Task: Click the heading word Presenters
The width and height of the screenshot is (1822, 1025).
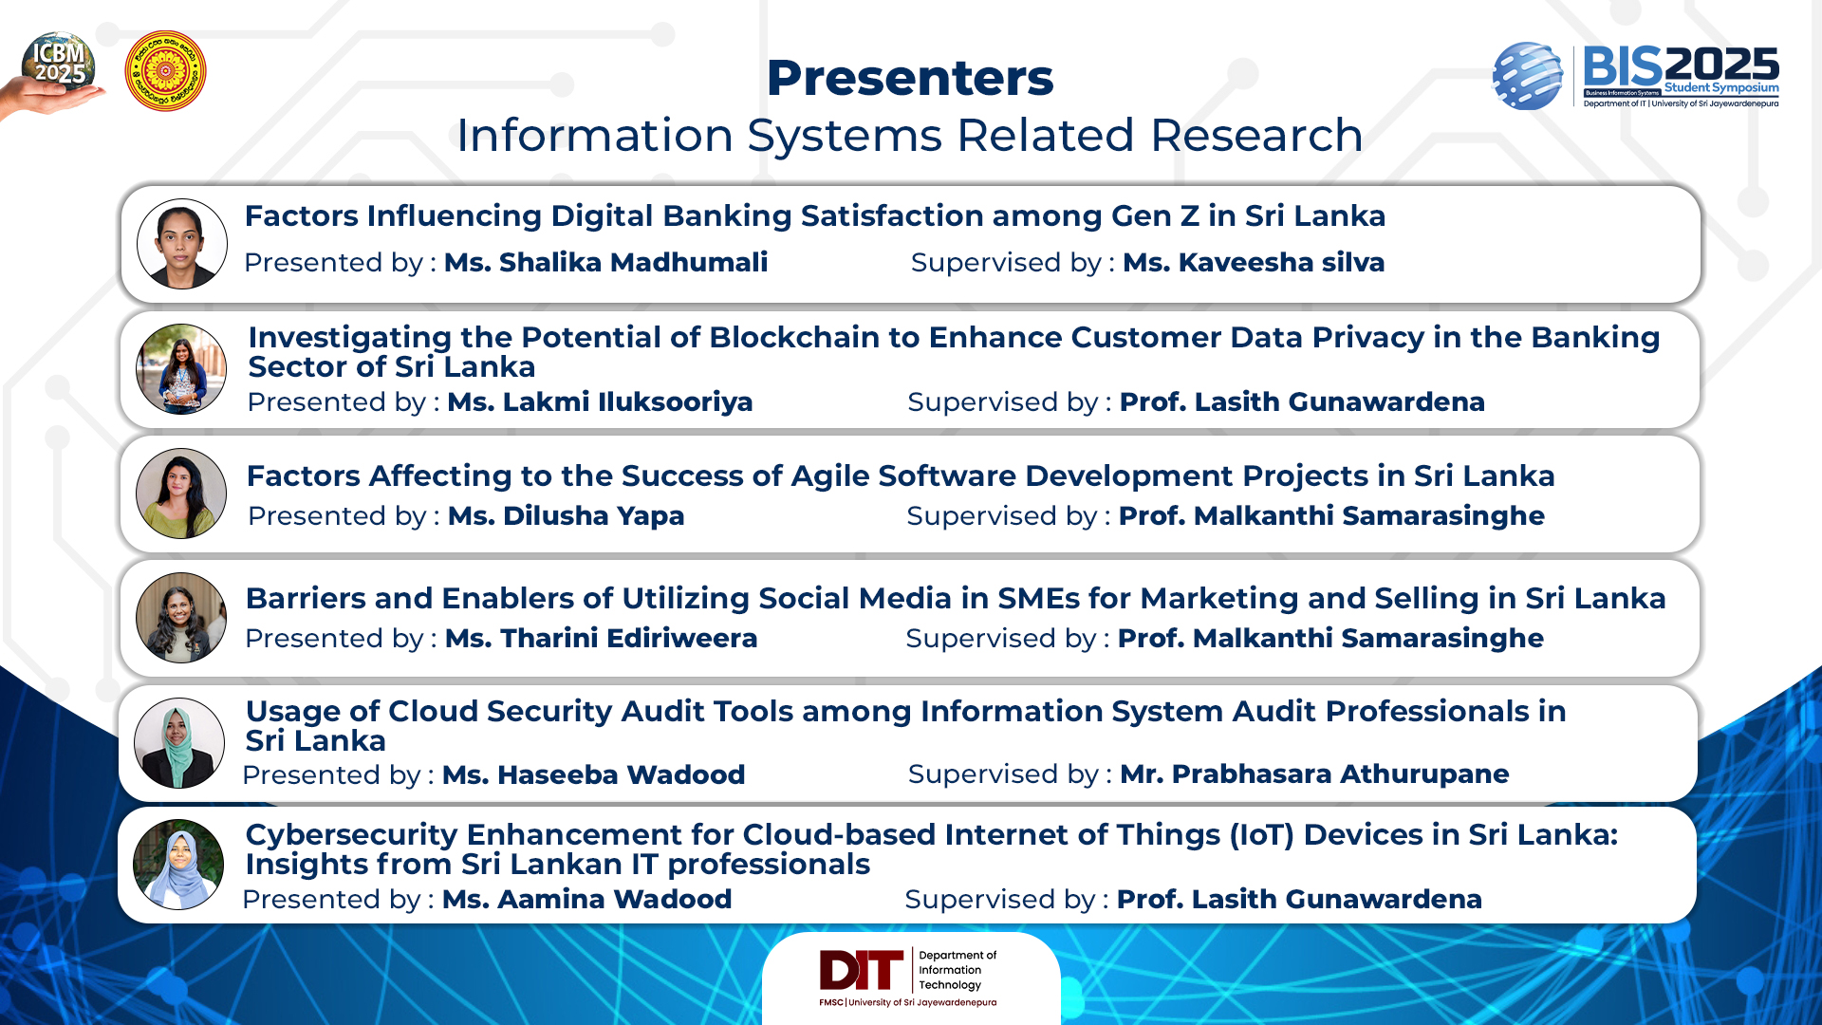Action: click(x=910, y=78)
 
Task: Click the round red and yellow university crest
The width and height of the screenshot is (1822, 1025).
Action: click(x=165, y=71)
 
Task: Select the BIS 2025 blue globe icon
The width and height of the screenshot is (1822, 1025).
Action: click(x=1527, y=76)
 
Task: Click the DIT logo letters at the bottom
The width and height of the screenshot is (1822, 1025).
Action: click(x=862, y=970)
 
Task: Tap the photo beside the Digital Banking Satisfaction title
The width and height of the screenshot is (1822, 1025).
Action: click(x=182, y=244)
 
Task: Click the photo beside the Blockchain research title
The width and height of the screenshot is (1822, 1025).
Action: click(x=181, y=369)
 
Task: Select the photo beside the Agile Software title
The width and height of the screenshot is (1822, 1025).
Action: click(x=181, y=494)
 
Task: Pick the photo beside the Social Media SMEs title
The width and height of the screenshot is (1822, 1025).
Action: click(x=181, y=618)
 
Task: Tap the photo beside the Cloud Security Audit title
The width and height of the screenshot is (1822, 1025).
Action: click(x=179, y=743)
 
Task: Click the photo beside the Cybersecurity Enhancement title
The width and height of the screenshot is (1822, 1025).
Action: click(x=178, y=865)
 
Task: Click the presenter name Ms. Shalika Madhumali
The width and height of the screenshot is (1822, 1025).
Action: click(x=605, y=263)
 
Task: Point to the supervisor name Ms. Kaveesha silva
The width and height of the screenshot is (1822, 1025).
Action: click(x=1254, y=263)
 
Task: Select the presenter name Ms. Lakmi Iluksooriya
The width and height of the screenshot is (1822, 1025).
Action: click(x=600, y=402)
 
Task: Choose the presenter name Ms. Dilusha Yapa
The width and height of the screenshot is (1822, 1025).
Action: click(x=566, y=516)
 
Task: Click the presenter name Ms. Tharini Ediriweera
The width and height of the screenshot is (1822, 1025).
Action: click(x=601, y=639)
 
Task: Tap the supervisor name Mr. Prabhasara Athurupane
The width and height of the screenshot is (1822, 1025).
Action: click(x=1314, y=774)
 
